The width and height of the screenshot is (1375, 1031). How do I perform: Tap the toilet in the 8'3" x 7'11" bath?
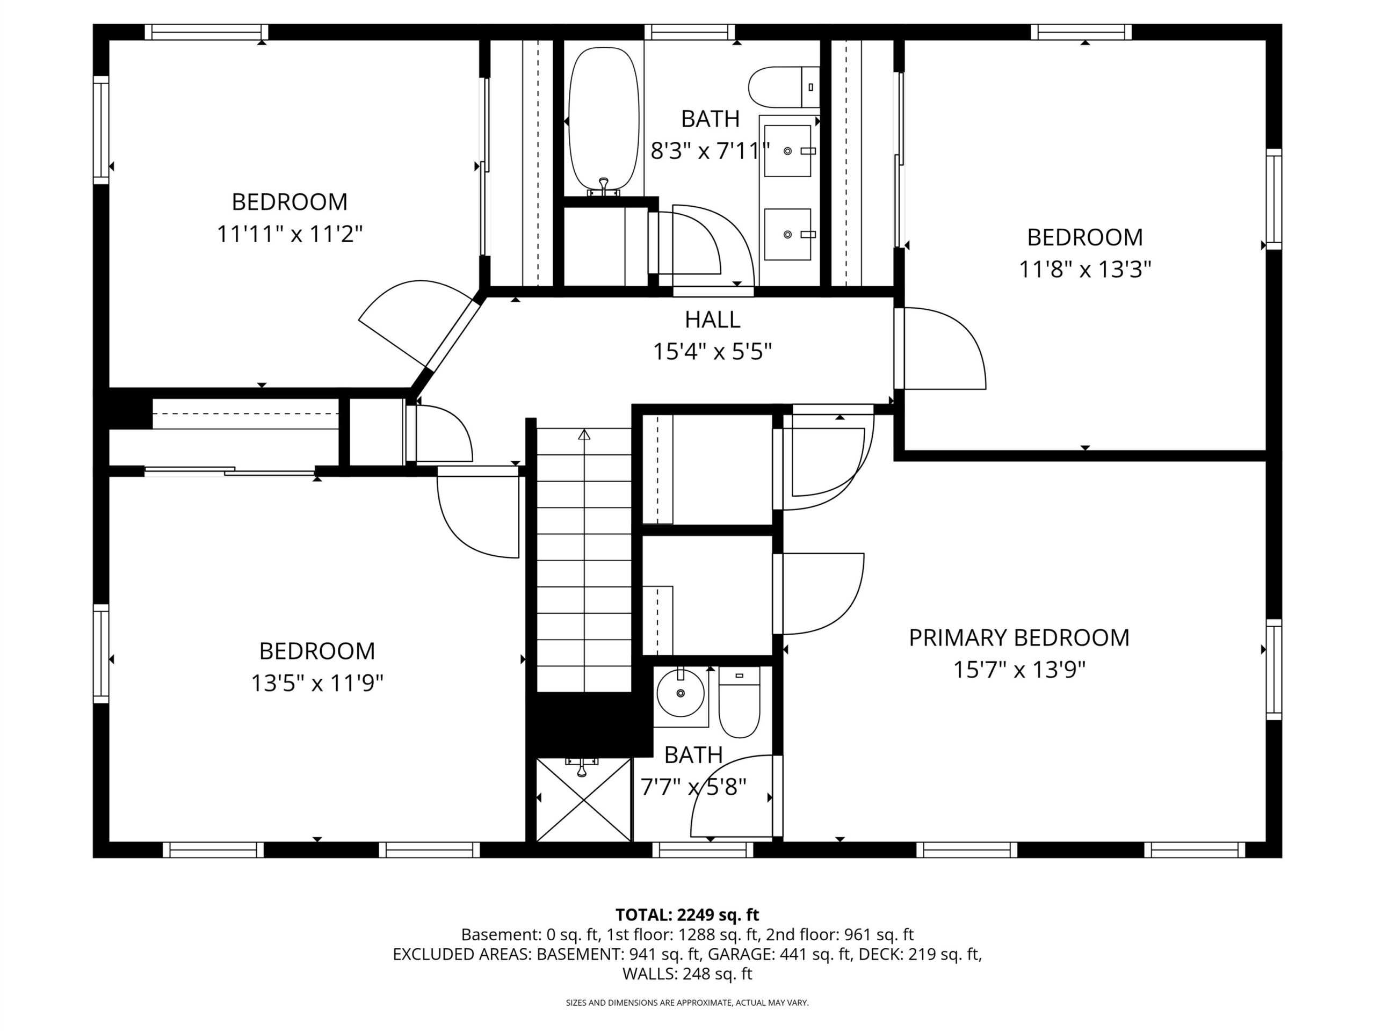[784, 87]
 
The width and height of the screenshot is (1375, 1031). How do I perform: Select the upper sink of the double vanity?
[787, 150]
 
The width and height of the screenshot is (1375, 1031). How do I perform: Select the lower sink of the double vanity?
[787, 234]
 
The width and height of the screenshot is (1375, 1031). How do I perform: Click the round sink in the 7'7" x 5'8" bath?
[681, 692]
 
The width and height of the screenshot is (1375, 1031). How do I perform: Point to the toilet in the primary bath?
[739, 702]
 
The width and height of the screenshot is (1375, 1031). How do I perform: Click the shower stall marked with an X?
[583, 799]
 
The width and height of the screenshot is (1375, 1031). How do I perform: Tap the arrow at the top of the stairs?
[584, 434]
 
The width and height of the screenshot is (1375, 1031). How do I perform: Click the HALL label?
[712, 320]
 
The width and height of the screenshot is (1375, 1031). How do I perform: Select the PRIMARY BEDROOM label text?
[1019, 637]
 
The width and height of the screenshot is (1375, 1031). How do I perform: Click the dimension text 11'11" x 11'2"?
[290, 234]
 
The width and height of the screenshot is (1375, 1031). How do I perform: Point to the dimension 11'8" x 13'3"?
[1085, 270]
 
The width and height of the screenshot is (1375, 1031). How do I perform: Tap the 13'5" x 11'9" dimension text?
[317, 684]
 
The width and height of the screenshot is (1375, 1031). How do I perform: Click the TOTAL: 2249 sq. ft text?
[687, 915]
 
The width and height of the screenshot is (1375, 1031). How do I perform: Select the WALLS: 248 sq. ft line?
[687, 974]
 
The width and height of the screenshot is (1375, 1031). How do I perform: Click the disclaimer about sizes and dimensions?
[687, 1003]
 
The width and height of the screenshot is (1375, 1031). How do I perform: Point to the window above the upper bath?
[689, 32]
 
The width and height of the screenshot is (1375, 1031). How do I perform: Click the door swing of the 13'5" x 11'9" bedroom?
[478, 512]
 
